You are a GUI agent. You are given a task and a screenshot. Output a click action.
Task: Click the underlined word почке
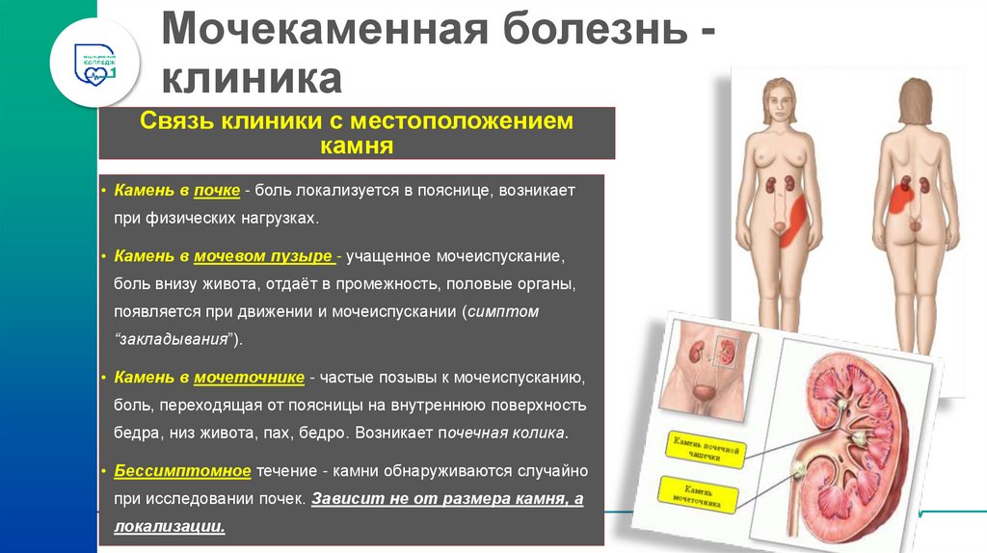coord(216,192)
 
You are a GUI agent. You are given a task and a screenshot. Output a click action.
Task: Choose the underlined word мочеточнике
coord(249,377)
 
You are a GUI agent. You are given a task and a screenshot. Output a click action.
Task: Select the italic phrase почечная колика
coord(512,433)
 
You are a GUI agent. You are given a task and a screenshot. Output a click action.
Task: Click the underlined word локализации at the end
coord(170,526)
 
